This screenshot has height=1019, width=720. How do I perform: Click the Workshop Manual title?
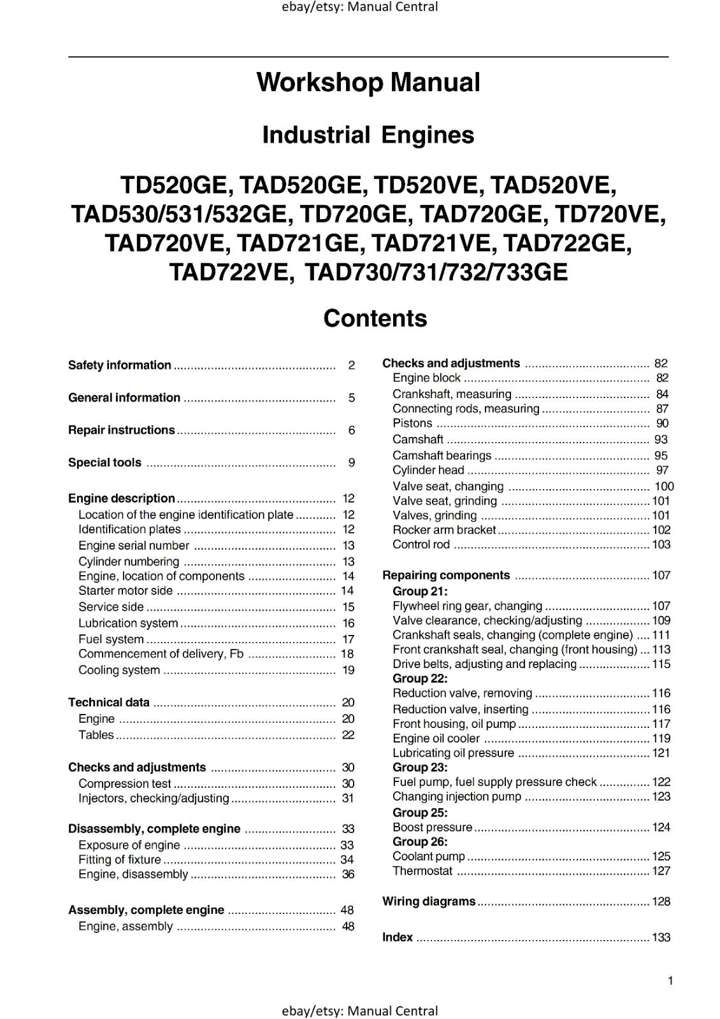point(368,82)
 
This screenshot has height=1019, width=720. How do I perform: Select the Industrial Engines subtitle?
point(368,135)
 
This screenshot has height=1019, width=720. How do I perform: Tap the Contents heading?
point(375,318)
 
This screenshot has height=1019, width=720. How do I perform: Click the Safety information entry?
point(120,365)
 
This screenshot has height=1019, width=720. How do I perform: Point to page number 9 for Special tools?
point(351,463)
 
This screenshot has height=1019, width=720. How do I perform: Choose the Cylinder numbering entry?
point(129,561)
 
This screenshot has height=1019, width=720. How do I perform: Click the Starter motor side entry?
point(126,590)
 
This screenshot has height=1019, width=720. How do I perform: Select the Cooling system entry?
point(119,670)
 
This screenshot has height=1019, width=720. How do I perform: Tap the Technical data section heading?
point(109,702)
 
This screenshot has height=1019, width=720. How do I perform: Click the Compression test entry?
point(125,783)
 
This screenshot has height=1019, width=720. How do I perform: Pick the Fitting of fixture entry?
point(120,859)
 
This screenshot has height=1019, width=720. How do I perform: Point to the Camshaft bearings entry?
point(442,455)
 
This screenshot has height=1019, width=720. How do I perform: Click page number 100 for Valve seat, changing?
point(664,487)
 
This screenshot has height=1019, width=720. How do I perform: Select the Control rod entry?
point(421,545)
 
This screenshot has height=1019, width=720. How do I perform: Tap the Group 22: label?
point(420,678)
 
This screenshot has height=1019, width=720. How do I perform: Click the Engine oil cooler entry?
point(436,738)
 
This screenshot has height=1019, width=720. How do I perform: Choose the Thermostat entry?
point(422,871)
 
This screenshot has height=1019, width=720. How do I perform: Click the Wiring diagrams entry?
point(429,901)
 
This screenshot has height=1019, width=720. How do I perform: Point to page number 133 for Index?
point(661,937)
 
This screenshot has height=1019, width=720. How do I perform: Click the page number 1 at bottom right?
point(670,981)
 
